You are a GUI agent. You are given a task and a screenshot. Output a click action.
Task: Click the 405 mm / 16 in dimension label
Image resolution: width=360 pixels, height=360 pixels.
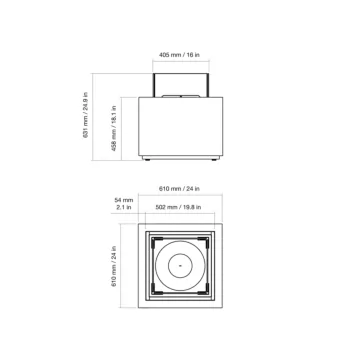[x=179, y=55]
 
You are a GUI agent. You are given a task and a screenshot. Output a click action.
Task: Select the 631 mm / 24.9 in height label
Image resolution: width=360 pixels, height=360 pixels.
[x=86, y=115]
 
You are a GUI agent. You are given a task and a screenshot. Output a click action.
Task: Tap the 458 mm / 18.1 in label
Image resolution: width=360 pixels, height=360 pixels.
[x=114, y=128]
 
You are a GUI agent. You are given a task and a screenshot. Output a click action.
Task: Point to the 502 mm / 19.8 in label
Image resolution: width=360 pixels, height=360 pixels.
[x=178, y=207]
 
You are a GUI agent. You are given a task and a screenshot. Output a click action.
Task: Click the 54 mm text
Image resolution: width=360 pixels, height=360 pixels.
[x=124, y=200]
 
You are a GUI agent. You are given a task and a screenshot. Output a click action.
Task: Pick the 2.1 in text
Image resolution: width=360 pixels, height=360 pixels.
[x=124, y=207]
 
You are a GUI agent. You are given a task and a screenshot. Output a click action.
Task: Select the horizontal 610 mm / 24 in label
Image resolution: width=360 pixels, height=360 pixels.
[x=179, y=189]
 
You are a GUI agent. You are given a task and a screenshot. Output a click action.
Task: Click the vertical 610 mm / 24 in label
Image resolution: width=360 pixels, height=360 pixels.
[x=114, y=266]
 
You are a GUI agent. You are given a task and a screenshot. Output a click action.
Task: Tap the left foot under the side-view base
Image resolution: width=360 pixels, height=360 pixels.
[x=147, y=160]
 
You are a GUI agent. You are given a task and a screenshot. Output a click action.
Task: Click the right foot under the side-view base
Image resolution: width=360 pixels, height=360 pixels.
[x=214, y=160]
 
